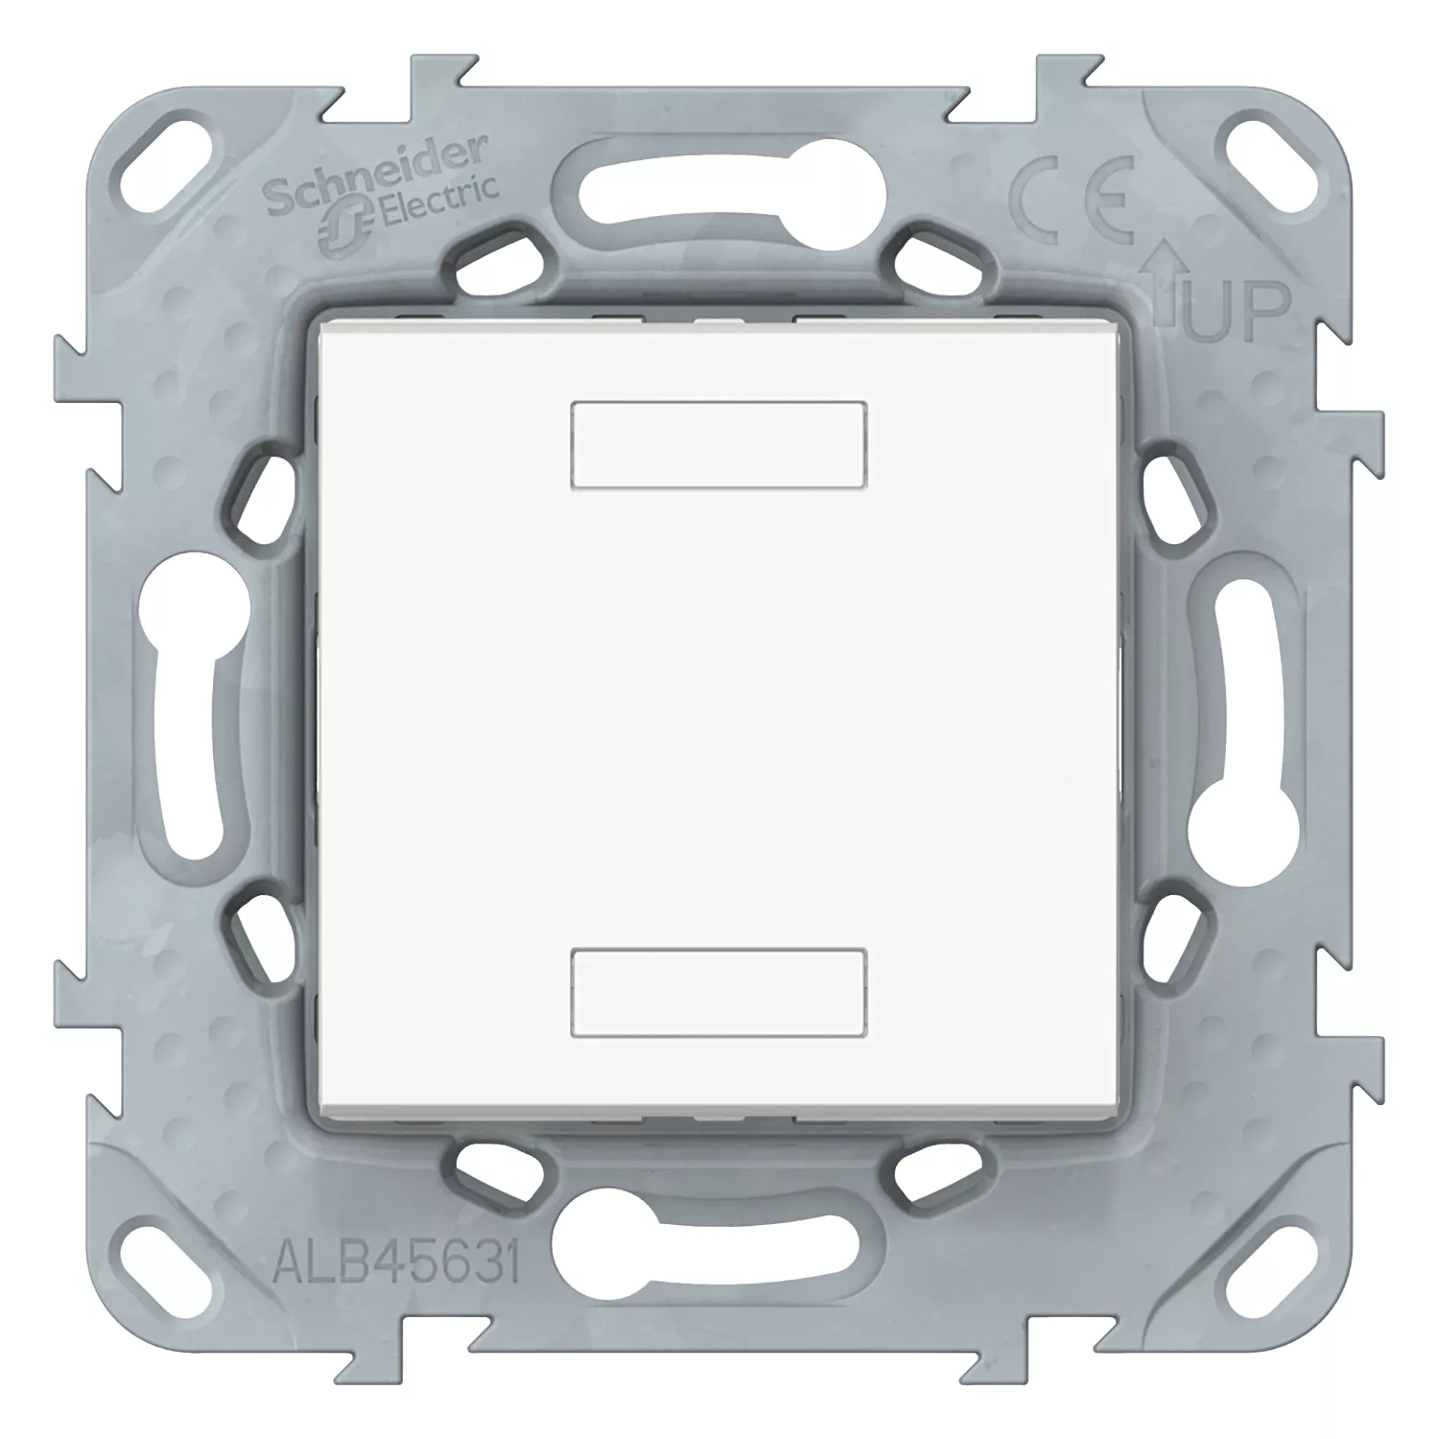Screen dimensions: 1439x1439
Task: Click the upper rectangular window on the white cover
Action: coord(719,445)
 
